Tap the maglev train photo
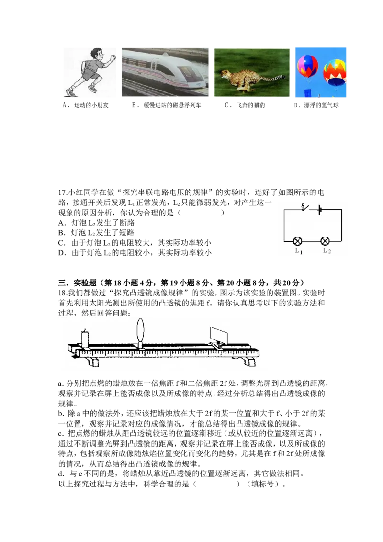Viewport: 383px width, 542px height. tap(165, 72)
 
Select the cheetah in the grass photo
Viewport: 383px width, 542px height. tap(252, 72)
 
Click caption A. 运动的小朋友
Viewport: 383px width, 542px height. tap(85, 105)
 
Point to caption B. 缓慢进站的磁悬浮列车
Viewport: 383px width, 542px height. tap(166, 105)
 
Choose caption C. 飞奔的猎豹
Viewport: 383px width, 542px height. tap(245, 105)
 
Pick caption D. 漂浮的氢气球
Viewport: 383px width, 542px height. tap(316, 105)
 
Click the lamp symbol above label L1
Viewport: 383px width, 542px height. tap(297, 241)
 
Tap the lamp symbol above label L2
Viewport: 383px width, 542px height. tap(325, 241)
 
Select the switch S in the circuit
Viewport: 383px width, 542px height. tap(305, 208)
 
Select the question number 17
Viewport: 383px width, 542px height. tap(63, 192)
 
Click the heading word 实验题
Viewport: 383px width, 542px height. tap(85, 283)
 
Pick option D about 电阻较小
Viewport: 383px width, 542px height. tap(135, 253)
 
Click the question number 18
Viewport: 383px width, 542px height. tap(63, 293)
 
